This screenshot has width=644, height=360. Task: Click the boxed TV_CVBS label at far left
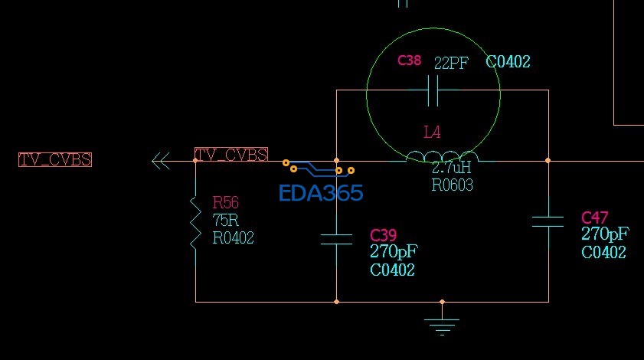coord(55,159)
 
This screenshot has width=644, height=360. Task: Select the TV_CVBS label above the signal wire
coord(231,155)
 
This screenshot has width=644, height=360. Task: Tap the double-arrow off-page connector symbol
coord(161,161)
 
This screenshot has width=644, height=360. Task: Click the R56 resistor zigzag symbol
coord(195,222)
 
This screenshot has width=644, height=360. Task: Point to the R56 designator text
coord(225,202)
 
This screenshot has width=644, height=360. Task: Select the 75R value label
coord(225,221)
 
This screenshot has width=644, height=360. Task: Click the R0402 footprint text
coord(233,238)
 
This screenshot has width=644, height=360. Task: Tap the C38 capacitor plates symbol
coord(433,90)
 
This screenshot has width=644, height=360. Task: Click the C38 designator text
coord(410,61)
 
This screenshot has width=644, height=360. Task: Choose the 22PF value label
coord(451,63)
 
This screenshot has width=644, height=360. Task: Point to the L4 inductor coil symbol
coord(443,156)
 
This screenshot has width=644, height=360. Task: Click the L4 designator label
coord(432,132)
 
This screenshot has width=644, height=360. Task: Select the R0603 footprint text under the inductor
coord(453,185)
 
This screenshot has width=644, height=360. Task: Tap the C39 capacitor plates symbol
coord(336,239)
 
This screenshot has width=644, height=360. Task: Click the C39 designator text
coord(383,235)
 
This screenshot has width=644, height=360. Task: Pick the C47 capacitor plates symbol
coord(548,221)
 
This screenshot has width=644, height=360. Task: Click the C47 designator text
coord(595,218)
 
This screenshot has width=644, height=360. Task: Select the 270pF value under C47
coord(605,234)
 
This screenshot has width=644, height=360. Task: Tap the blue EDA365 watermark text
coord(321,193)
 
